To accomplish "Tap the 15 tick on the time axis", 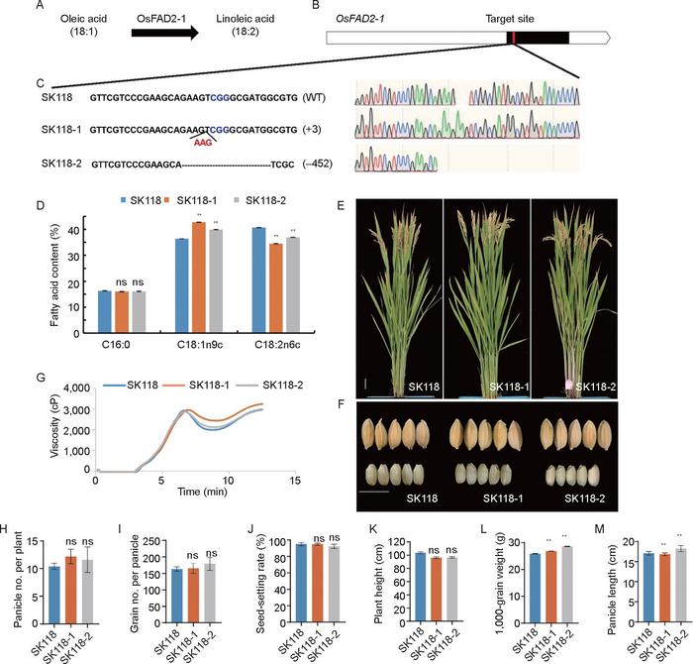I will (295, 482).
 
